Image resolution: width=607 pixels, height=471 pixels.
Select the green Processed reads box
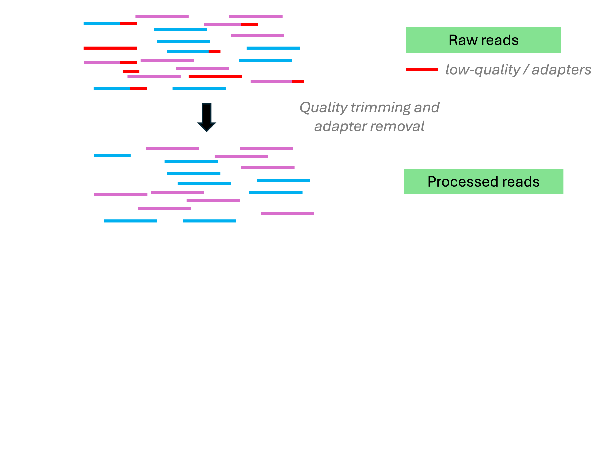(483, 181)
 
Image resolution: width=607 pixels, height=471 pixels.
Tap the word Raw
(463, 40)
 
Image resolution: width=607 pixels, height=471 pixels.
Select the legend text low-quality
(483, 70)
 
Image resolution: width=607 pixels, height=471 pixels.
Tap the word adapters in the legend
(561, 70)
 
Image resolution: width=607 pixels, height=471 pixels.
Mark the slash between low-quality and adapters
(526, 70)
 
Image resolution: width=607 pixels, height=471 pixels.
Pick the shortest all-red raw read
(131, 71)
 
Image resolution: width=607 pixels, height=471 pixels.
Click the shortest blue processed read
(112, 156)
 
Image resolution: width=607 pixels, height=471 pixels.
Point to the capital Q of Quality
(306, 108)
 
